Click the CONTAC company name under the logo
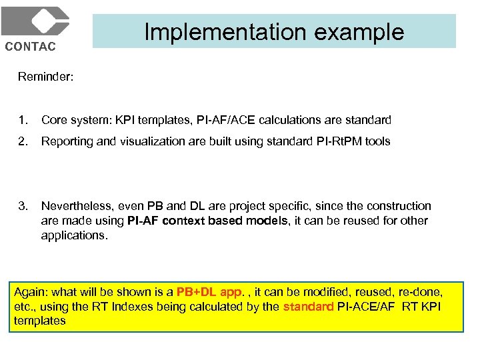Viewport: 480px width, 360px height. (x=31, y=46)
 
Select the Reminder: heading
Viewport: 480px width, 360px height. (x=45, y=77)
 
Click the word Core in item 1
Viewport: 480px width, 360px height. (x=53, y=120)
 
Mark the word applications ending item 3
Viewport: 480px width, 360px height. (x=73, y=235)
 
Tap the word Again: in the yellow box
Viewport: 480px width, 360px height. (x=30, y=292)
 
